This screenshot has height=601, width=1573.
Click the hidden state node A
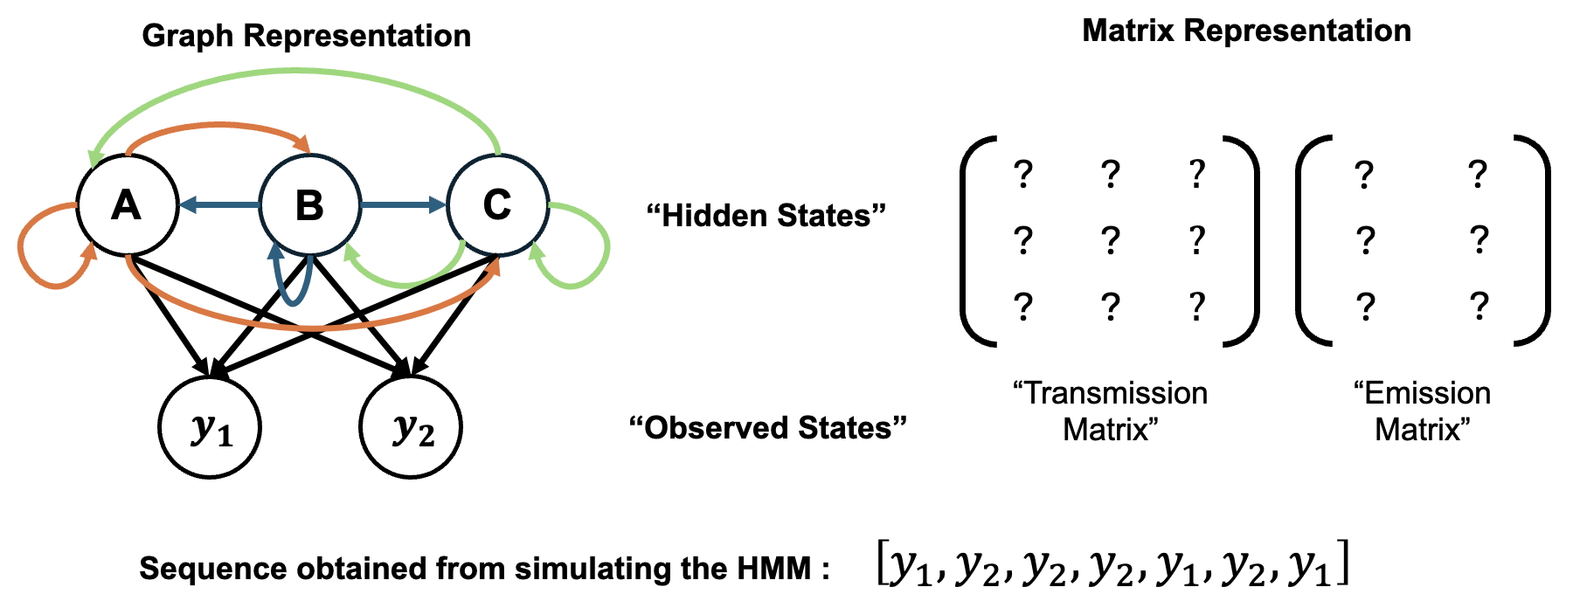127,205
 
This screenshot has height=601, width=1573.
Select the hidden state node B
310,205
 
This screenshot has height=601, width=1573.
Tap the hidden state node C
497,205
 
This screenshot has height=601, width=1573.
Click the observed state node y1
210,428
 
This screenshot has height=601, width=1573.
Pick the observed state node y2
411,428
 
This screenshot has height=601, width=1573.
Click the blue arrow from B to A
218,206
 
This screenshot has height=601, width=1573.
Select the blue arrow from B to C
402,205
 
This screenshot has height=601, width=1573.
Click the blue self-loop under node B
294,302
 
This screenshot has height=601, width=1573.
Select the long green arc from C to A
297,72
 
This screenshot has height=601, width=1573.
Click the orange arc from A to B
218,128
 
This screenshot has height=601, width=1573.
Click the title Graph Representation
306,36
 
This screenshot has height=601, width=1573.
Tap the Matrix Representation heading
1246,31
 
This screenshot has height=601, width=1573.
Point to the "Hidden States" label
766,216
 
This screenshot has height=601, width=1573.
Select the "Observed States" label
767,428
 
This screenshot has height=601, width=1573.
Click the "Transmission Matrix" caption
1110,411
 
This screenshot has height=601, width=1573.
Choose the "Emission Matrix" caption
1422,411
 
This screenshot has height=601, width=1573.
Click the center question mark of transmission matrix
1110,239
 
